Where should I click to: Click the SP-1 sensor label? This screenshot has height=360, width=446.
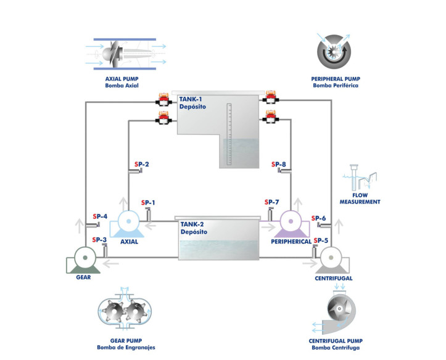click(148, 203)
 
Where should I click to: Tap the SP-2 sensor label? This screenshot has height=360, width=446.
click(141, 165)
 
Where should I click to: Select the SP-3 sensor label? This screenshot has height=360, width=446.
click(99, 240)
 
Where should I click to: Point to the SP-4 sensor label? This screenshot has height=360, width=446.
click(99, 216)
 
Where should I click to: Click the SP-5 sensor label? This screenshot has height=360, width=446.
click(321, 240)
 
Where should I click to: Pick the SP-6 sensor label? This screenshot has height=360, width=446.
click(319, 218)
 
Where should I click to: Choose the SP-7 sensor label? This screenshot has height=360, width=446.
click(271, 203)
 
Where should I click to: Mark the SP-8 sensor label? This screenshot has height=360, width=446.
click(278, 165)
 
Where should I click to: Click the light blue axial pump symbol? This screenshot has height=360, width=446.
click(129, 223)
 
